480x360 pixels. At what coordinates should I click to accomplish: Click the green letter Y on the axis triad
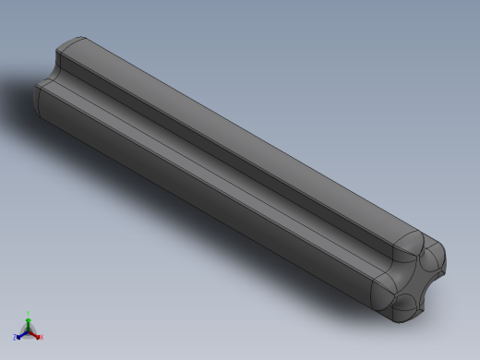29,313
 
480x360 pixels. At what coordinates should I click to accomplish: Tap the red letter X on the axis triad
42,337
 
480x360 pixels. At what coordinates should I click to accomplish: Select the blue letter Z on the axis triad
16,338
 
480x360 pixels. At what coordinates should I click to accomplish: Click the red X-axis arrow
36,334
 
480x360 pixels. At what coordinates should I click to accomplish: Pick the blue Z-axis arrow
21,334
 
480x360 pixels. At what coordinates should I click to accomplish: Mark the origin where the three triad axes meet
29,330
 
